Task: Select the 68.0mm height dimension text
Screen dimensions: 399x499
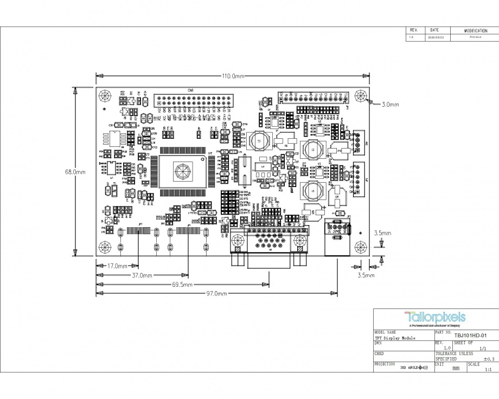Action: click(75, 172)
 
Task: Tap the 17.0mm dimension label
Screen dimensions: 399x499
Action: click(117, 266)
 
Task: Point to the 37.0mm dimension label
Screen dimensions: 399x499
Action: click(142, 275)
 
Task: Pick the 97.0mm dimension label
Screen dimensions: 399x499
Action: click(216, 293)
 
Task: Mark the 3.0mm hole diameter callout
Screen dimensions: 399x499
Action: click(390, 104)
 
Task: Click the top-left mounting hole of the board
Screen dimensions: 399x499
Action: click(104, 96)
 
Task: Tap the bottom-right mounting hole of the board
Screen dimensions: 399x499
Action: click(360, 247)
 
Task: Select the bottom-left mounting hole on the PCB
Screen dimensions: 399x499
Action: click(104, 247)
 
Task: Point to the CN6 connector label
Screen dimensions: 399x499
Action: click(190, 90)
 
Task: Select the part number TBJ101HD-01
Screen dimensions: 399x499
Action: click(468, 335)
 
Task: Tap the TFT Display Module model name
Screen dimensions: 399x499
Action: click(395, 338)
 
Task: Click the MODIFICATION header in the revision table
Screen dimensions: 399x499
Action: click(476, 31)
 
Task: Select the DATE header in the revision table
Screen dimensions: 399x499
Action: click(435, 30)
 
